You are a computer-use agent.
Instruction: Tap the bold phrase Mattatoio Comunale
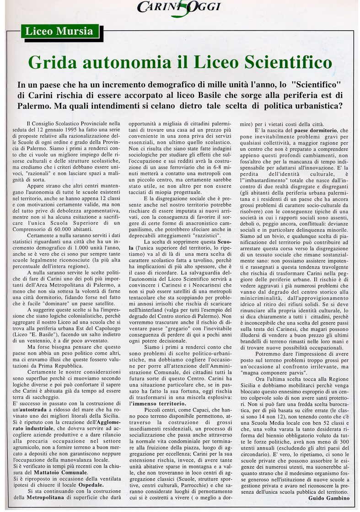click(63, 472)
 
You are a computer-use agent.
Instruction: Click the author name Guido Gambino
click(328, 497)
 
